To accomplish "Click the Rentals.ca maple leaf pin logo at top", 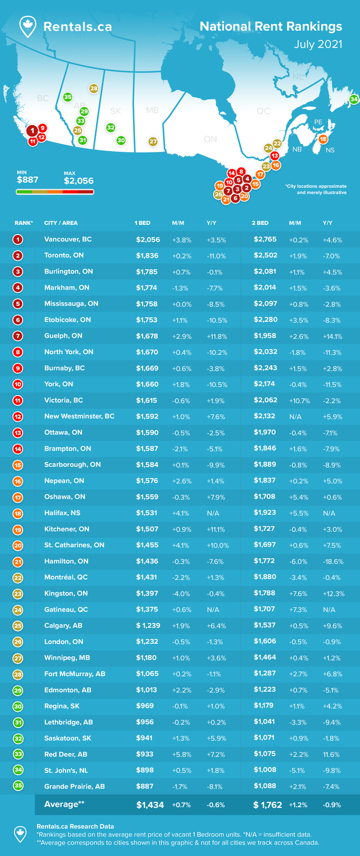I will pyautogui.click(x=27, y=26).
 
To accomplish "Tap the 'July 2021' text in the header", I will pyautogui.click(x=317, y=44).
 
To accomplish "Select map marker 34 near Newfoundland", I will pyautogui.click(x=354, y=99).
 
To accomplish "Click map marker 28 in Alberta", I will pyautogui.click(x=94, y=88).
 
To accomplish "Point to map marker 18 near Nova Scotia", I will pyautogui.click(x=323, y=139).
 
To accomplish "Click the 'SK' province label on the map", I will pyautogui.click(x=115, y=111).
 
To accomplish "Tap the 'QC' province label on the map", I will pyautogui.click(x=263, y=111).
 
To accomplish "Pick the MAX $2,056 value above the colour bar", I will pyautogui.click(x=78, y=181).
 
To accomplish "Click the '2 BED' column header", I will pyautogui.click(x=260, y=223).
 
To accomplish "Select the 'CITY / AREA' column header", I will pyautogui.click(x=61, y=223).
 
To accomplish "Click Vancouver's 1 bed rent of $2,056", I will pyautogui.click(x=148, y=239).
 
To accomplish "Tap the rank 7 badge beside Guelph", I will pyautogui.click(x=18, y=336).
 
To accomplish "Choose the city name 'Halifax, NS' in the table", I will pyautogui.click(x=62, y=513).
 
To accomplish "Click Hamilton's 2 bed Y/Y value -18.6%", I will pyautogui.click(x=333, y=562).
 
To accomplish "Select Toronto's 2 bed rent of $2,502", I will pyautogui.click(x=265, y=255).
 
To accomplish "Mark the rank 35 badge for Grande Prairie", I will pyautogui.click(x=18, y=786).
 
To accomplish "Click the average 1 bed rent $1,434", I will pyautogui.click(x=150, y=805).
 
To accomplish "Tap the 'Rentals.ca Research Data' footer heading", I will pyautogui.click(x=75, y=827).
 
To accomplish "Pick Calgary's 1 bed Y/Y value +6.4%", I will pyautogui.click(x=216, y=626).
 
